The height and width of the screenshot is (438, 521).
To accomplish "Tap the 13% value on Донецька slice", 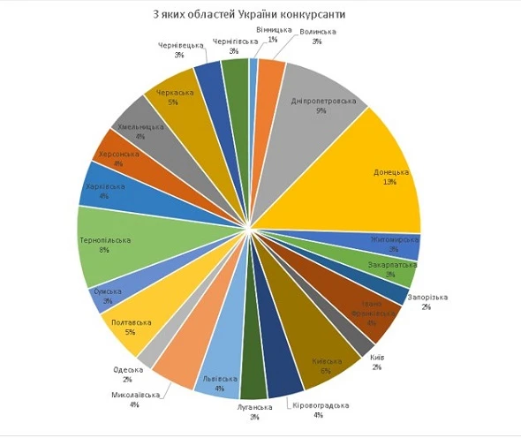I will click(x=389, y=183).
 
